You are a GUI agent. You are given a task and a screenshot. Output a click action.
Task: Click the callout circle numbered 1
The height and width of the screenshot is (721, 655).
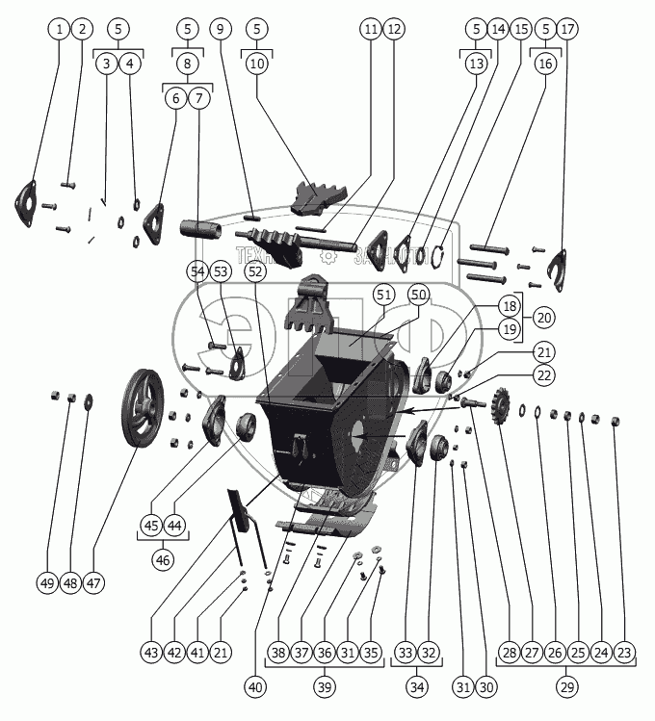(x=60, y=29)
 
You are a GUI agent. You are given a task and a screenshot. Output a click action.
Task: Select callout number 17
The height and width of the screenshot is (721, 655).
(x=568, y=29)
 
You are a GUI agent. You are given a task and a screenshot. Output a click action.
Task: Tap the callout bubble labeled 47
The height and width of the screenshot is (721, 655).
(x=93, y=583)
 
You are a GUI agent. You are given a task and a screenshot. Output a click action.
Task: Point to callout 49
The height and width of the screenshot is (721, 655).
(x=47, y=583)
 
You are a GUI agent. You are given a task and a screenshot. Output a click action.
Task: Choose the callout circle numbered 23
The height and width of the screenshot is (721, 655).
(x=624, y=654)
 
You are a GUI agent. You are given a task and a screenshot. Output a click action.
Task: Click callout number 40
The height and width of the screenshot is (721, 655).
(x=254, y=687)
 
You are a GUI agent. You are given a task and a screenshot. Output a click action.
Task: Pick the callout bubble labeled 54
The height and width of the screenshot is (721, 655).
(x=197, y=272)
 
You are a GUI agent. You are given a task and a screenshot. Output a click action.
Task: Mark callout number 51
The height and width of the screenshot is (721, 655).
(x=383, y=294)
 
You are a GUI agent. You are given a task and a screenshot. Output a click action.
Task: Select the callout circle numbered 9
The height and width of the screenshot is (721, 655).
(x=221, y=29)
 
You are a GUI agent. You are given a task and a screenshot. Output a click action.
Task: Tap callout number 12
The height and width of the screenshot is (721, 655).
(x=394, y=29)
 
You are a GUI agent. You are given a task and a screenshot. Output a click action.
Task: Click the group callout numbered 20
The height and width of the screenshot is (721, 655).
(x=544, y=316)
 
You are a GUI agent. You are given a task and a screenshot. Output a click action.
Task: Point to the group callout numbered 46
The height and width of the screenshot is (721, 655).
(x=163, y=557)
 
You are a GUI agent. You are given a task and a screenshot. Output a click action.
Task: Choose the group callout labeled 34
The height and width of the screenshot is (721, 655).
(x=417, y=687)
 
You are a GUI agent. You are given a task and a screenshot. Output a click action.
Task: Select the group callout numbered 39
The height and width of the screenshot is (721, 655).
(x=324, y=687)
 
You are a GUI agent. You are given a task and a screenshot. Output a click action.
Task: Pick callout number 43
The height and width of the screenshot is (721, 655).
(x=151, y=654)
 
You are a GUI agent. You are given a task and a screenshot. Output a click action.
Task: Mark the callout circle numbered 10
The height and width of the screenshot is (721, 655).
(x=256, y=64)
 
